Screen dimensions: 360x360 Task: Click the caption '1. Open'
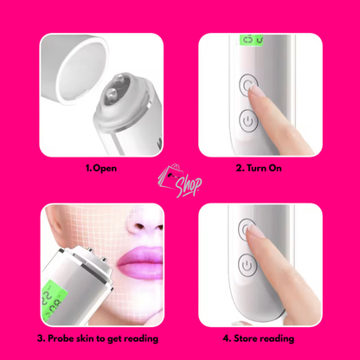(x=100, y=168)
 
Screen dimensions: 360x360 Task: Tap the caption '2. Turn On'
(x=260, y=168)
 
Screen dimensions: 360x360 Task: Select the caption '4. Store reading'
(x=260, y=338)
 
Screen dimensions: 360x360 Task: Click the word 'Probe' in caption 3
(x=65, y=338)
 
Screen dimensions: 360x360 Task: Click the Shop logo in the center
(x=179, y=181)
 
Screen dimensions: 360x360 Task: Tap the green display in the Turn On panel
(x=252, y=41)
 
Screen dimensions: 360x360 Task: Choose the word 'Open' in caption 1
(x=106, y=168)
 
